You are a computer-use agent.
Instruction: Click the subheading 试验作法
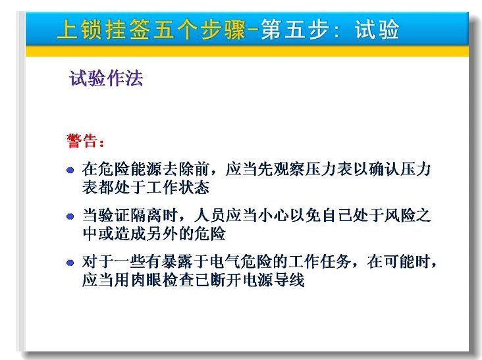[x=106, y=78]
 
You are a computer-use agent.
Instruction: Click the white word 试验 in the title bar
[x=377, y=30]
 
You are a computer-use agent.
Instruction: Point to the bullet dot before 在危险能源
[x=70, y=170]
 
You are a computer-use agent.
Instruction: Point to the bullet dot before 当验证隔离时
[x=70, y=217]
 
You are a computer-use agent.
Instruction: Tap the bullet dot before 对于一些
[x=70, y=263]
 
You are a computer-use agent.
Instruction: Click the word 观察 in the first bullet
[x=290, y=169]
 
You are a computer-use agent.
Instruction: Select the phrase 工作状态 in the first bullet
[x=178, y=187]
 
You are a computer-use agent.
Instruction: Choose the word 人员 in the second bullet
[x=209, y=215]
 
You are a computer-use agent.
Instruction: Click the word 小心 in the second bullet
[x=273, y=215]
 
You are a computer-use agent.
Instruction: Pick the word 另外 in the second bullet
[x=162, y=234]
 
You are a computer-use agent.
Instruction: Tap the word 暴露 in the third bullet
[x=178, y=262]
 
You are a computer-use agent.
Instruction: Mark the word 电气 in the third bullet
[x=226, y=262]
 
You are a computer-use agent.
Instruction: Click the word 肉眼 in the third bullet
[x=146, y=280]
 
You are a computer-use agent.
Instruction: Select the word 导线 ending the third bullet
[x=290, y=280]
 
